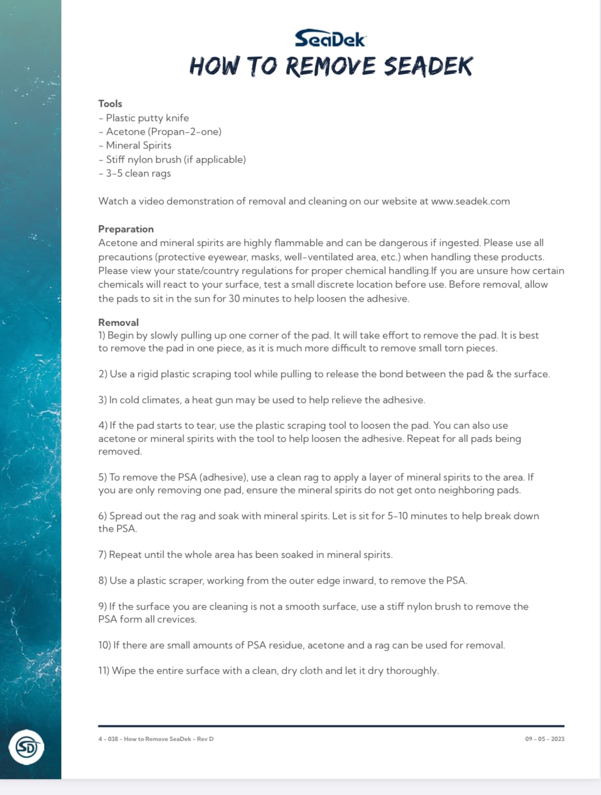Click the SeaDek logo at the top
pyautogui.click(x=330, y=39)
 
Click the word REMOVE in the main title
pyautogui.click(x=330, y=67)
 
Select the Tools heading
pyautogui.click(x=110, y=104)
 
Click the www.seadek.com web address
pyautogui.click(x=470, y=201)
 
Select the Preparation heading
pyautogui.click(x=126, y=229)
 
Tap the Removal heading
pyautogui.click(x=118, y=323)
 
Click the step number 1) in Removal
pyautogui.click(x=102, y=335)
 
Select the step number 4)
pyautogui.click(x=102, y=425)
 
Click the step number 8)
pyautogui.click(x=102, y=581)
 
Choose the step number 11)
pyautogui.click(x=104, y=671)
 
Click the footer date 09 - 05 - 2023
pyautogui.click(x=544, y=739)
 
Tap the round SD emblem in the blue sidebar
pyautogui.click(x=26, y=747)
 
